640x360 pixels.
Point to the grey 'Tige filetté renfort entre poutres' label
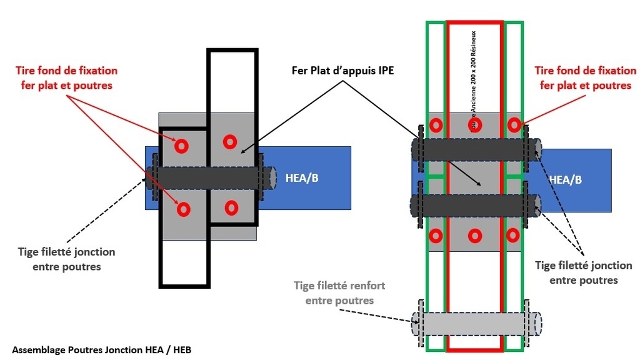[339, 292]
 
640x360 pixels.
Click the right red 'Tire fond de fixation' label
[586, 77]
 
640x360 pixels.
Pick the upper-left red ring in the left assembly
[181, 146]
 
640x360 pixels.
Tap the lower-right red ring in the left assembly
[231, 206]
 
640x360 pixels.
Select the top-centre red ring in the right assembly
[474, 124]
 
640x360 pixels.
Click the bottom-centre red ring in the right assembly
[474, 236]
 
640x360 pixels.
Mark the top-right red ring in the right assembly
[514, 124]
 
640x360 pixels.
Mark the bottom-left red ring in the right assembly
[436, 236]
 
